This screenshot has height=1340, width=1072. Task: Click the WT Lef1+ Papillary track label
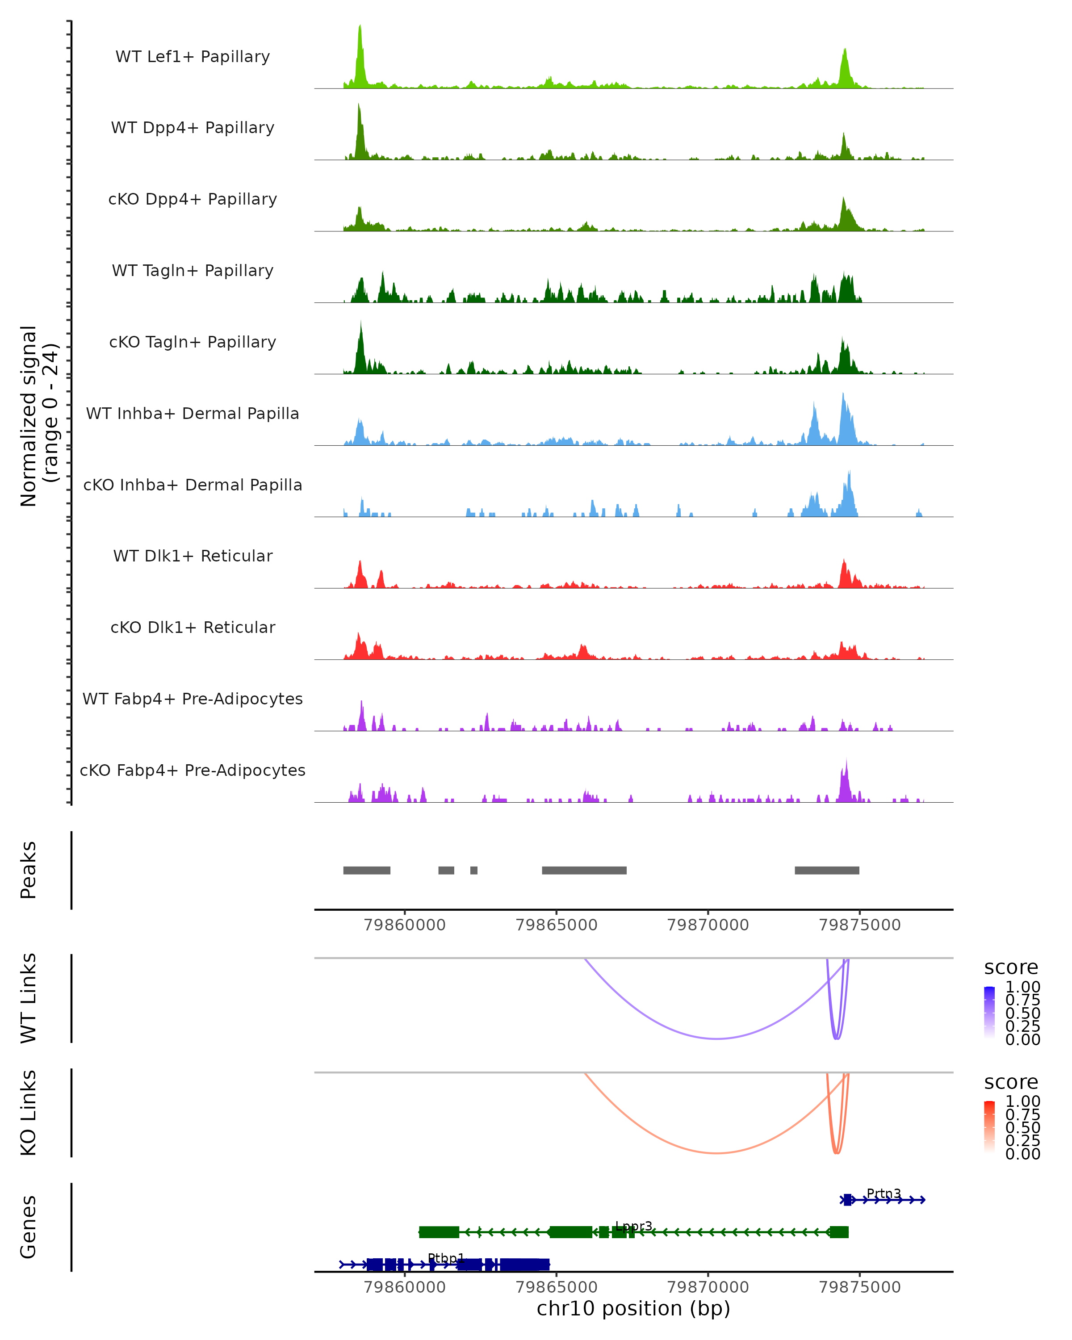(x=193, y=57)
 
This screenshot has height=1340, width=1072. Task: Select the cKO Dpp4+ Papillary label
(x=193, y=200)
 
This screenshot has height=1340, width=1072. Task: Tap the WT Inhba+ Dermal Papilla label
(x=193, y=414)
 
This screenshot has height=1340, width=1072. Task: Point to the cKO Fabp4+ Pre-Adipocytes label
(x=193, y=770)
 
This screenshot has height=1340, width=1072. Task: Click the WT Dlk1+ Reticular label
(x=193, y=556)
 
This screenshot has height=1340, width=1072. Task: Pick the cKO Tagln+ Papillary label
(x=193, y=343)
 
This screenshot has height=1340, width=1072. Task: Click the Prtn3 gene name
(x=884, y=1194)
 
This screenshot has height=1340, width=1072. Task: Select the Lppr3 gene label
(x=633, y=1226)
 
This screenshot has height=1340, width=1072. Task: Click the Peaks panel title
(x=29, y=870)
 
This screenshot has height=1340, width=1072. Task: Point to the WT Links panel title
(x=29, y=998)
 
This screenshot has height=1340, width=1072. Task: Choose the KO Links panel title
(x=29, y=1113)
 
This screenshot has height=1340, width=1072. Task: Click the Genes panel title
(x=29, y=1227)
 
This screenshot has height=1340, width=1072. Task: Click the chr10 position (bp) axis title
(x=633, y=1309)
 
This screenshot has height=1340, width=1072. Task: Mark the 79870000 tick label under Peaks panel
(x=708, y=925)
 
